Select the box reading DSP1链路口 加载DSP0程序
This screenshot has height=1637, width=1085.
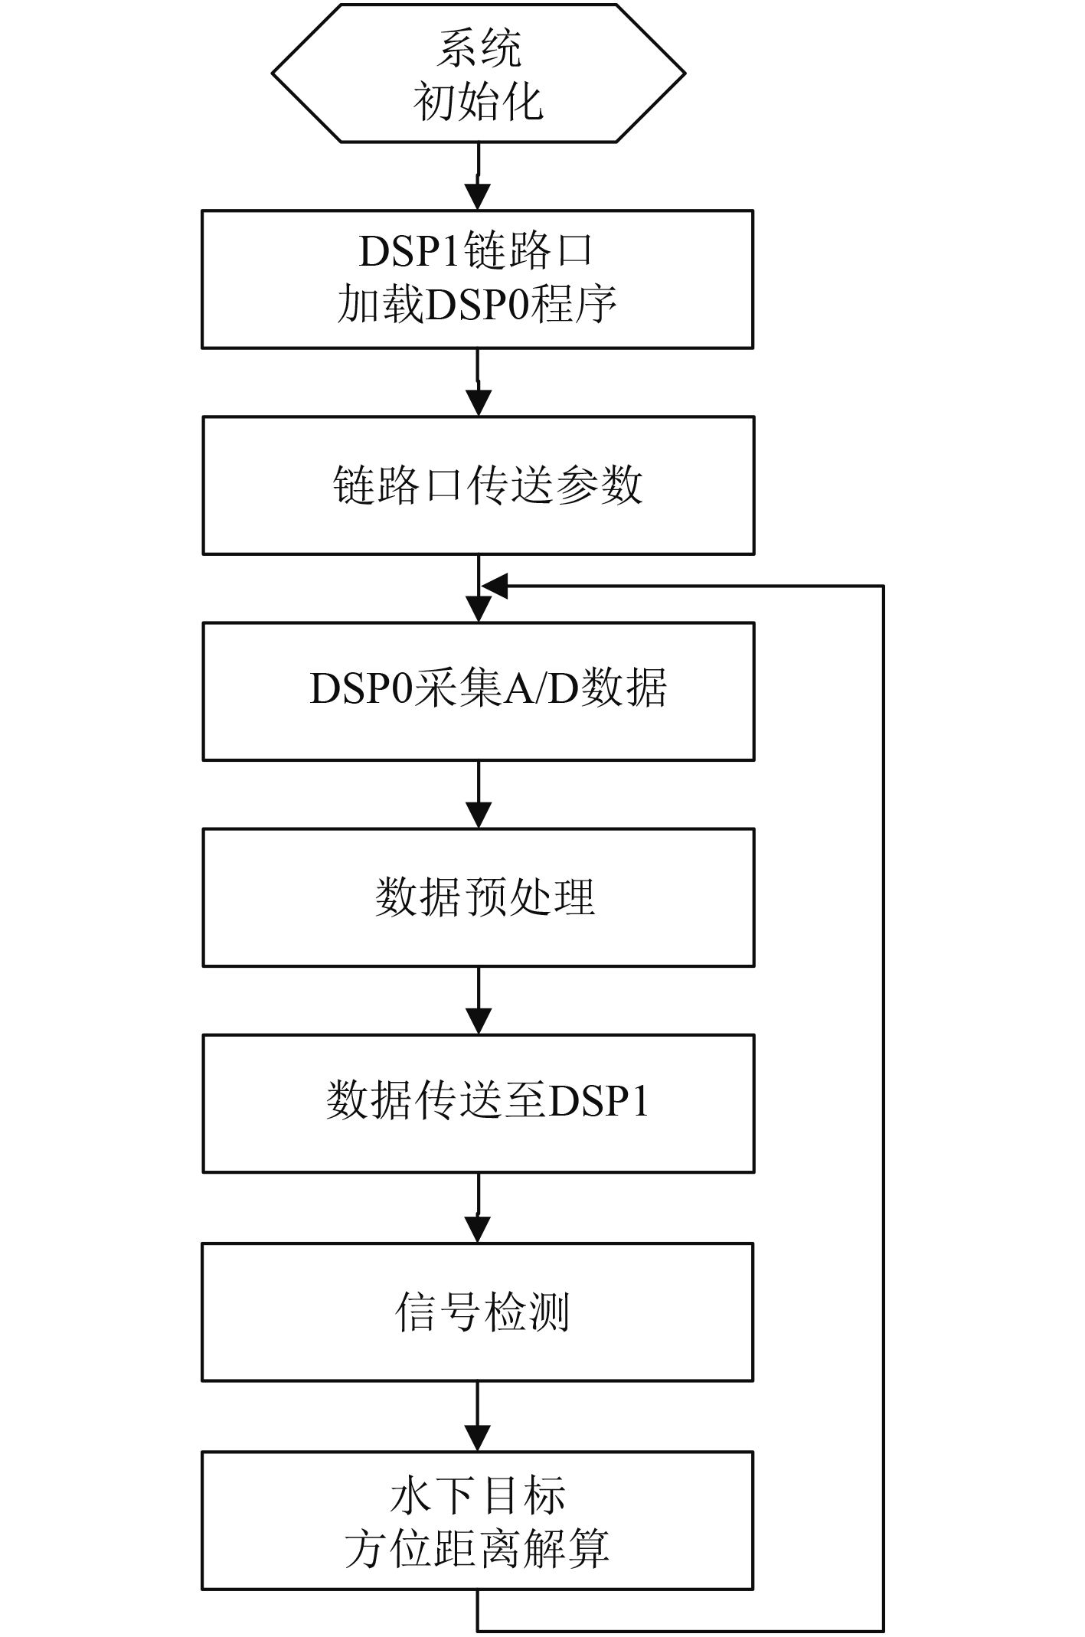click(x=478, y=279)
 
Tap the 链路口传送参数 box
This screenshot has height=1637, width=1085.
click(x=478, y=485)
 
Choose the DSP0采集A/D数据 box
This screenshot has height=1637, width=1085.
click(x=478, y=691)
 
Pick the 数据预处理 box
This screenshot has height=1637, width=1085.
click(x=478, y=897)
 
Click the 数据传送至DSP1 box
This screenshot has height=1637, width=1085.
click(x=478, y=1103)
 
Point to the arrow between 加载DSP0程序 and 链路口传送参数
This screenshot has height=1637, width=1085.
click(x=478, y=384)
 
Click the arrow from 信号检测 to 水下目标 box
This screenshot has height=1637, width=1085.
click(x=478, y=1417)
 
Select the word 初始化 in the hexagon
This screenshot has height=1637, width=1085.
click(x=478, y=101)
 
